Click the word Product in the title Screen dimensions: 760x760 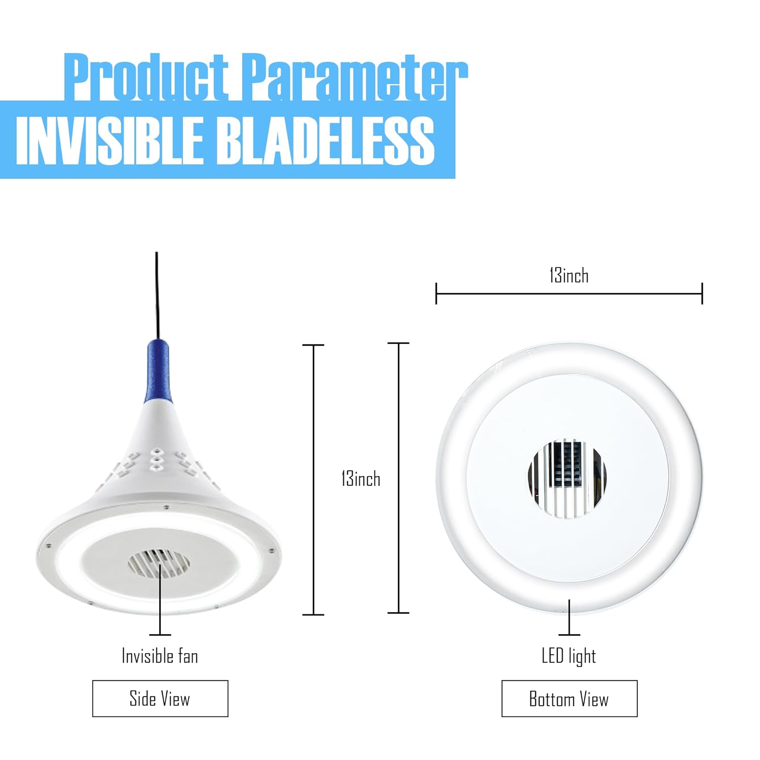coord(147,77)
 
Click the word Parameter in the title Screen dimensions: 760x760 coord(354,77)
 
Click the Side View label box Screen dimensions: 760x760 coord(160,699)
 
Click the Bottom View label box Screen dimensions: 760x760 coord(569,699)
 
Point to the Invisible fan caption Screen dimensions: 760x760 coord(160,656)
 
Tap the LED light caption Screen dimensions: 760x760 coord(568,656)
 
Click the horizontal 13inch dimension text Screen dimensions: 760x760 coord(569,276)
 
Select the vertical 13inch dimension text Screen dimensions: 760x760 coord(361,479)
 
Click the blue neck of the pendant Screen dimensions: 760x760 coord(157,370)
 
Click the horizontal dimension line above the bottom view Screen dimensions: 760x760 coord(569,293)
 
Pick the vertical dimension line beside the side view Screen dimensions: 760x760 coord(314,479)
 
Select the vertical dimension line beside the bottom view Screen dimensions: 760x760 coord(399,479)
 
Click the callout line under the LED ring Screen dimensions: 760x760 coord(569,618)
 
